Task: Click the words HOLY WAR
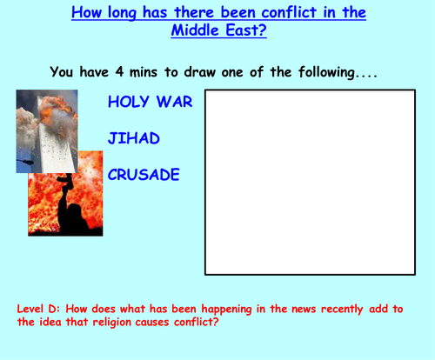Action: tap(150, 102)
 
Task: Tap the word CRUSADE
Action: tap(144, 174)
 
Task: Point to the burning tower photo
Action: tap(46, 130)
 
